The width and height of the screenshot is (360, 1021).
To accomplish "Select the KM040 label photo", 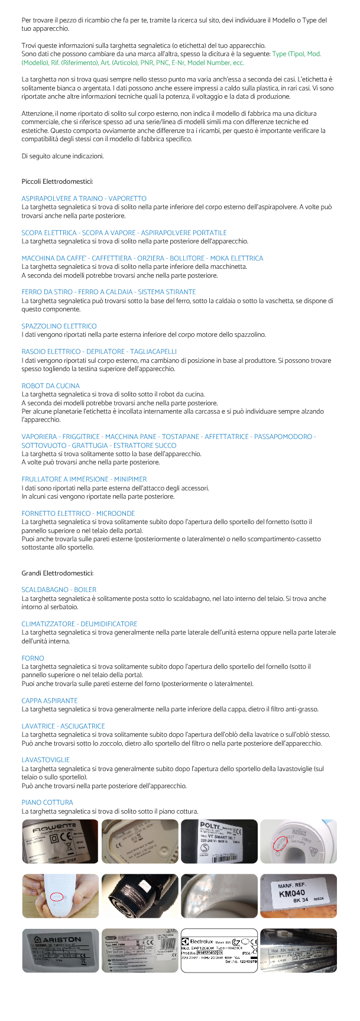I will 299,896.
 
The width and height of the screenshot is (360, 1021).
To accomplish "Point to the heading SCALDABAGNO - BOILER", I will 59,590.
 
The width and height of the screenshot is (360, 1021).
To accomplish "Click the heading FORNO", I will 33,658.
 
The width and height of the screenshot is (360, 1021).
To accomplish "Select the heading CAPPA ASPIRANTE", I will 50,701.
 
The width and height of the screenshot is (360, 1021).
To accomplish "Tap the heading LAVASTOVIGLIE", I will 46,760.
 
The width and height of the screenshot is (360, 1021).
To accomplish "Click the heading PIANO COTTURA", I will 47,802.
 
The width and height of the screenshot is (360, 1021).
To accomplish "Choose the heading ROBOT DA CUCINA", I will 50,386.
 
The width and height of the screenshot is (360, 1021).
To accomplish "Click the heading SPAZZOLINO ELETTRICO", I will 59,326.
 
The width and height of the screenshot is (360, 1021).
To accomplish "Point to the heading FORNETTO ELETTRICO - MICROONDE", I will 78,513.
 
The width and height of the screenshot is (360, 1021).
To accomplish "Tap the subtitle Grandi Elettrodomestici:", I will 57,573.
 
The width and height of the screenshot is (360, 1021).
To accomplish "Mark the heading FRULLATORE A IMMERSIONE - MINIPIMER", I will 84,479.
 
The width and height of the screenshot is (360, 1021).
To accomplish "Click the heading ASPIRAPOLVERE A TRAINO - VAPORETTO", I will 84,199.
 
